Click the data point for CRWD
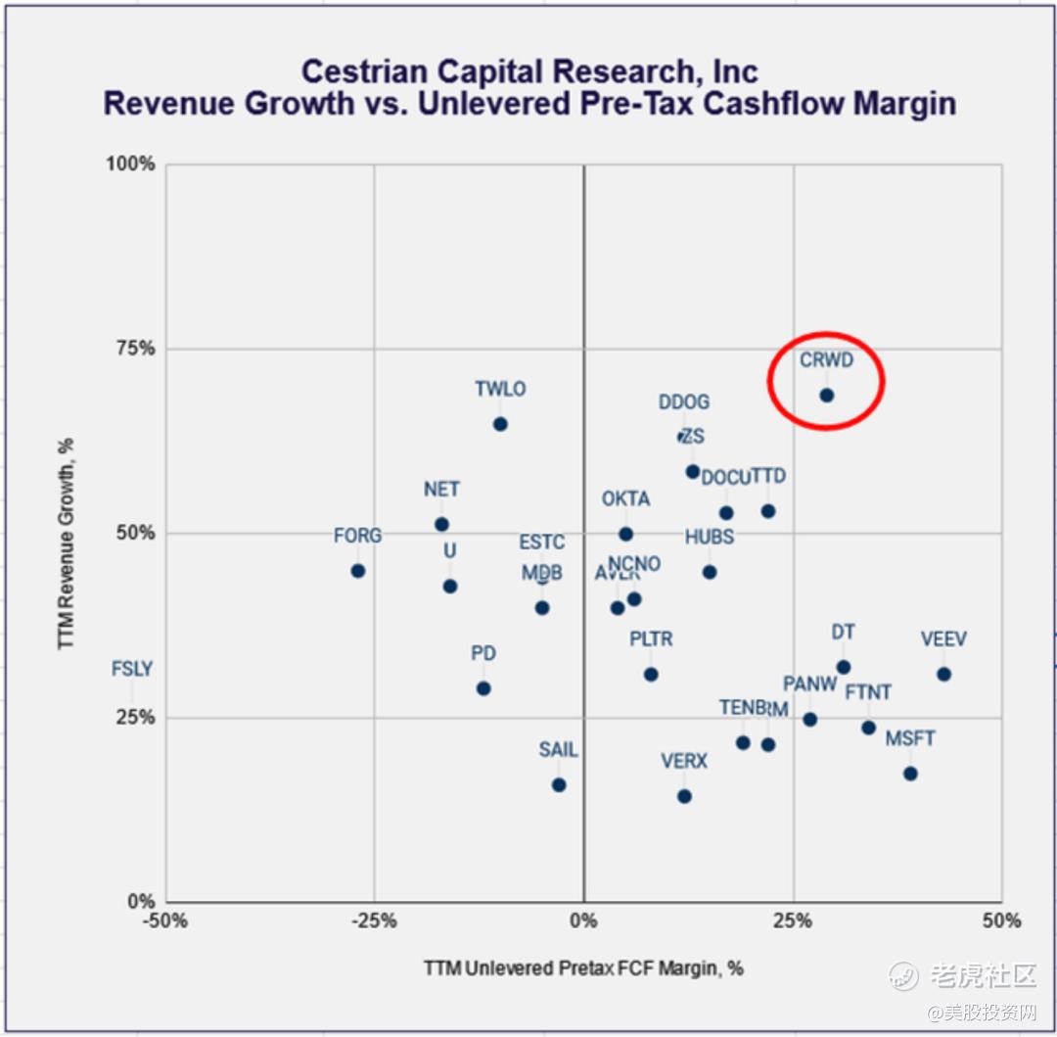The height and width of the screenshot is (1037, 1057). [826, 396]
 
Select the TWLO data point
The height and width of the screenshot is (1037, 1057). [500, 424]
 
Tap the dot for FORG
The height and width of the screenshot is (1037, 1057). [358, 571]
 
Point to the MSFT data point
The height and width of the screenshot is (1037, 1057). [910, 774]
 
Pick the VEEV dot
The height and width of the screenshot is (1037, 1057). [943, 675]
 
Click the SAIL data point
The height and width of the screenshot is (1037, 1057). [559, 785]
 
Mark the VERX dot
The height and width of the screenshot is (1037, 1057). [684, 796]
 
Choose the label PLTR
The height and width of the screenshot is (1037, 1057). [651, 639]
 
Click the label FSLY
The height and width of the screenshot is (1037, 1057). [132, 670]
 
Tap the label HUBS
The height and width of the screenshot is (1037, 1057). [710, 537]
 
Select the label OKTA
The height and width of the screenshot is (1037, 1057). [625, 499]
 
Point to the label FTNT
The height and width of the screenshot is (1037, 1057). [868, 692]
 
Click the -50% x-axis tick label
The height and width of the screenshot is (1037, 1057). [165, 920]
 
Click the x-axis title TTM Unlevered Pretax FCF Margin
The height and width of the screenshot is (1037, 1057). [583, 968]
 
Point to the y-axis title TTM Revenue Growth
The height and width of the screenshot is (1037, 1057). [67, 542]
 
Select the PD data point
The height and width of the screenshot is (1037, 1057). [483, 688]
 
